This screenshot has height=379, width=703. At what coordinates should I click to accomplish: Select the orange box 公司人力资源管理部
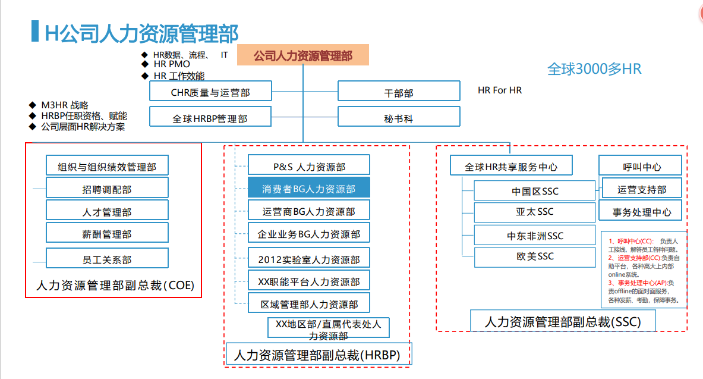303,56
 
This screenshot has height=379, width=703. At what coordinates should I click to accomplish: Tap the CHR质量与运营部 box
210,92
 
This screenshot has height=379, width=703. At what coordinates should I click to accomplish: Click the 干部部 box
399,92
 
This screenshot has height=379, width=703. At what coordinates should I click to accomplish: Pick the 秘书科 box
399,118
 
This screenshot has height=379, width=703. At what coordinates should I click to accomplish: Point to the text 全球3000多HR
594,69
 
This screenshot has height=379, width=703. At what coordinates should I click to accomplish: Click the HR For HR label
500,90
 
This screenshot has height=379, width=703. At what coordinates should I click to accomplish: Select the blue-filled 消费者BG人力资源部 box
309,189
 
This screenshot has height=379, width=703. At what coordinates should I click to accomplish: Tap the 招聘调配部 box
107,189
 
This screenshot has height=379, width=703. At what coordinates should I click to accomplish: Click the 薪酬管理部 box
107,234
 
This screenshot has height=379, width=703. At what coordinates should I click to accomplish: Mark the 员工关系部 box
107,259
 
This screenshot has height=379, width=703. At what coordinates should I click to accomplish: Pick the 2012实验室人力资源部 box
309,259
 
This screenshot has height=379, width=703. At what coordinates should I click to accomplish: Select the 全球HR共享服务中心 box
511,167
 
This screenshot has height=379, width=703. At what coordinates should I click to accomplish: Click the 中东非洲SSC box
535,236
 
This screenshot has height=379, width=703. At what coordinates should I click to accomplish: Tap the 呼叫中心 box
642,167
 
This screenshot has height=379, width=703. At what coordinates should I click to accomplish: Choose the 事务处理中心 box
642,211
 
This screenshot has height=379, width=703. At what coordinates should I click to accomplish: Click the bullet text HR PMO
172,64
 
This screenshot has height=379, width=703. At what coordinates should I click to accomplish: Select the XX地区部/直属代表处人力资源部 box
329,329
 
